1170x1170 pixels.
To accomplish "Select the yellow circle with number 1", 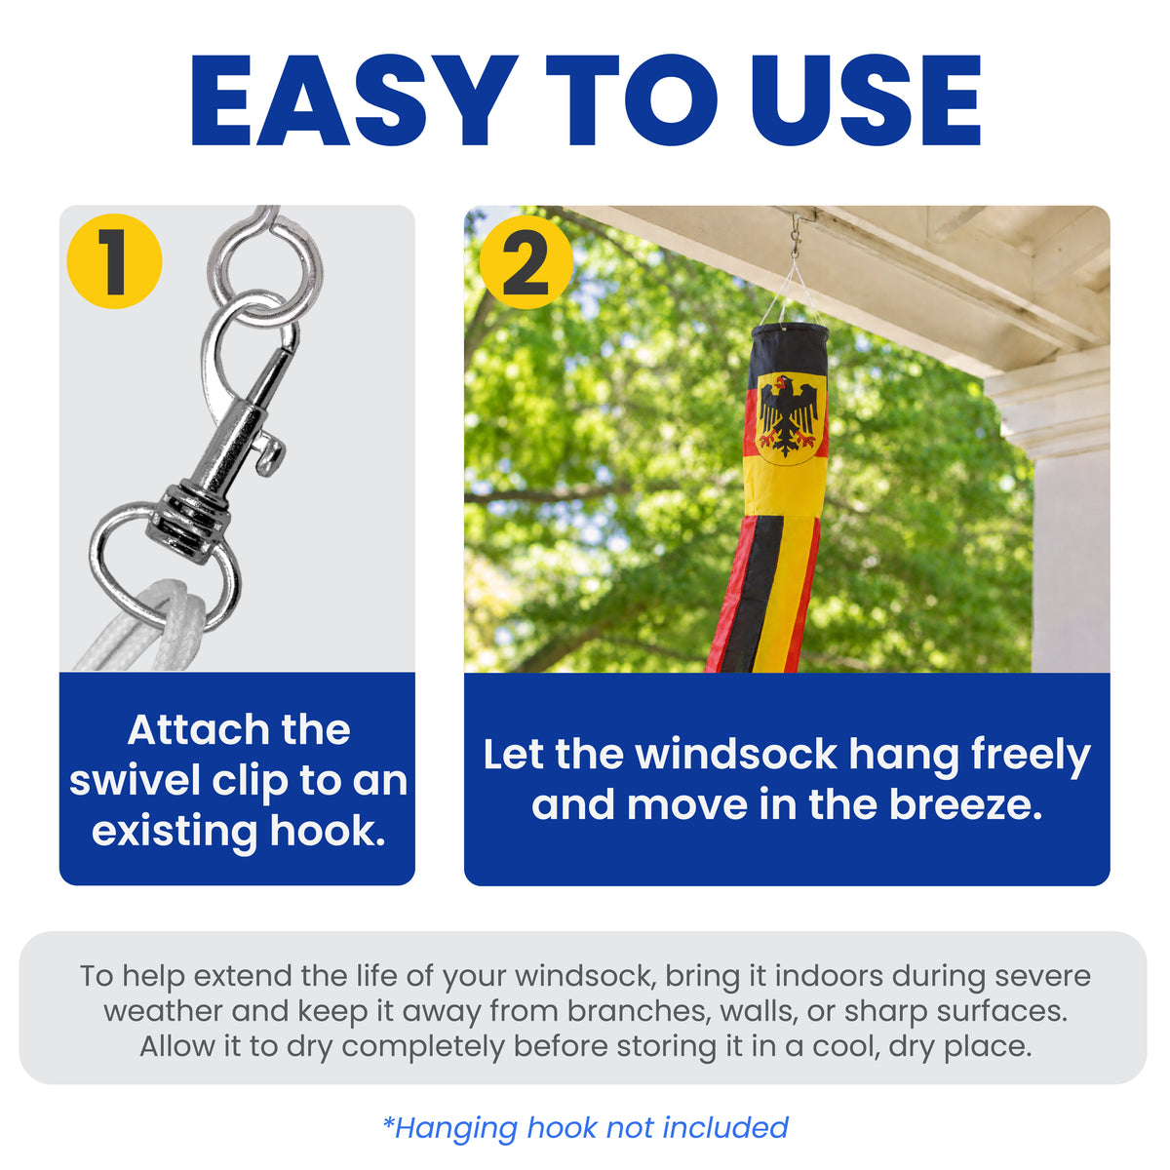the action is pos(114,261).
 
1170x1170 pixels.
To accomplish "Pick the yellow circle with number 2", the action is pos(526,262).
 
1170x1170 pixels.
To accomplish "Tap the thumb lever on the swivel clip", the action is pos(269,450).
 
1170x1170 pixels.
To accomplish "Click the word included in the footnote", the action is pos(725,1127).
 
